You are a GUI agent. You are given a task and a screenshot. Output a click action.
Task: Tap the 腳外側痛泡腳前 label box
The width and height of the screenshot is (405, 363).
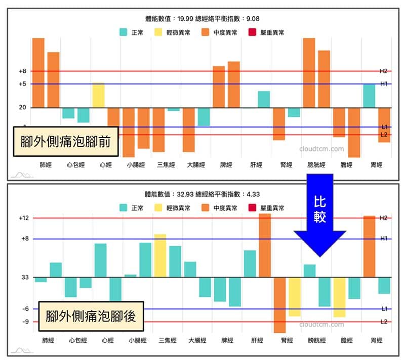coord(66,141)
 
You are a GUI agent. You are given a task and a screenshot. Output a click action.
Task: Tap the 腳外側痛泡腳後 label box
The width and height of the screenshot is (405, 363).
coord(91,315)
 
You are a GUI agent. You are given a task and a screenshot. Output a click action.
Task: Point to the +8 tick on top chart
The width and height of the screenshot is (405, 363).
coord(22,71)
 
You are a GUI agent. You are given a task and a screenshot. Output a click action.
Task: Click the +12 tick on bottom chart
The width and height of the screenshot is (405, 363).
coord(22,218)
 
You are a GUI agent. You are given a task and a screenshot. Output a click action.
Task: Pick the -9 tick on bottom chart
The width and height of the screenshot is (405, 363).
coord(23,322)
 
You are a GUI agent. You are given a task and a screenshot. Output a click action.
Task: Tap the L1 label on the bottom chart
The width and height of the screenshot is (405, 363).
coord(384,308)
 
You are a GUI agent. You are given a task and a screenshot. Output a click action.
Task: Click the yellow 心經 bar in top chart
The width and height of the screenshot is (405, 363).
coord(98,95)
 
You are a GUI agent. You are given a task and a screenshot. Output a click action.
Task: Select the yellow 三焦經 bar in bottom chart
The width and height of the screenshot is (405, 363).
coord(160,256)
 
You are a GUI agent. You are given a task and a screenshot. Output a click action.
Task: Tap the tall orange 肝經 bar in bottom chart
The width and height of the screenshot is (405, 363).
coord(265,246)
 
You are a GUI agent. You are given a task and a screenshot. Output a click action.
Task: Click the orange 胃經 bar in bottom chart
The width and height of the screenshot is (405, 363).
coord(369,247)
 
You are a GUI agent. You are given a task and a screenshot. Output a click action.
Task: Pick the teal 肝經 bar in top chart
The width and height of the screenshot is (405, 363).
coord(263,99)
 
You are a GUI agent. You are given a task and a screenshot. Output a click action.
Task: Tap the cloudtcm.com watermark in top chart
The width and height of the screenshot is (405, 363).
coord(321,149)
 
